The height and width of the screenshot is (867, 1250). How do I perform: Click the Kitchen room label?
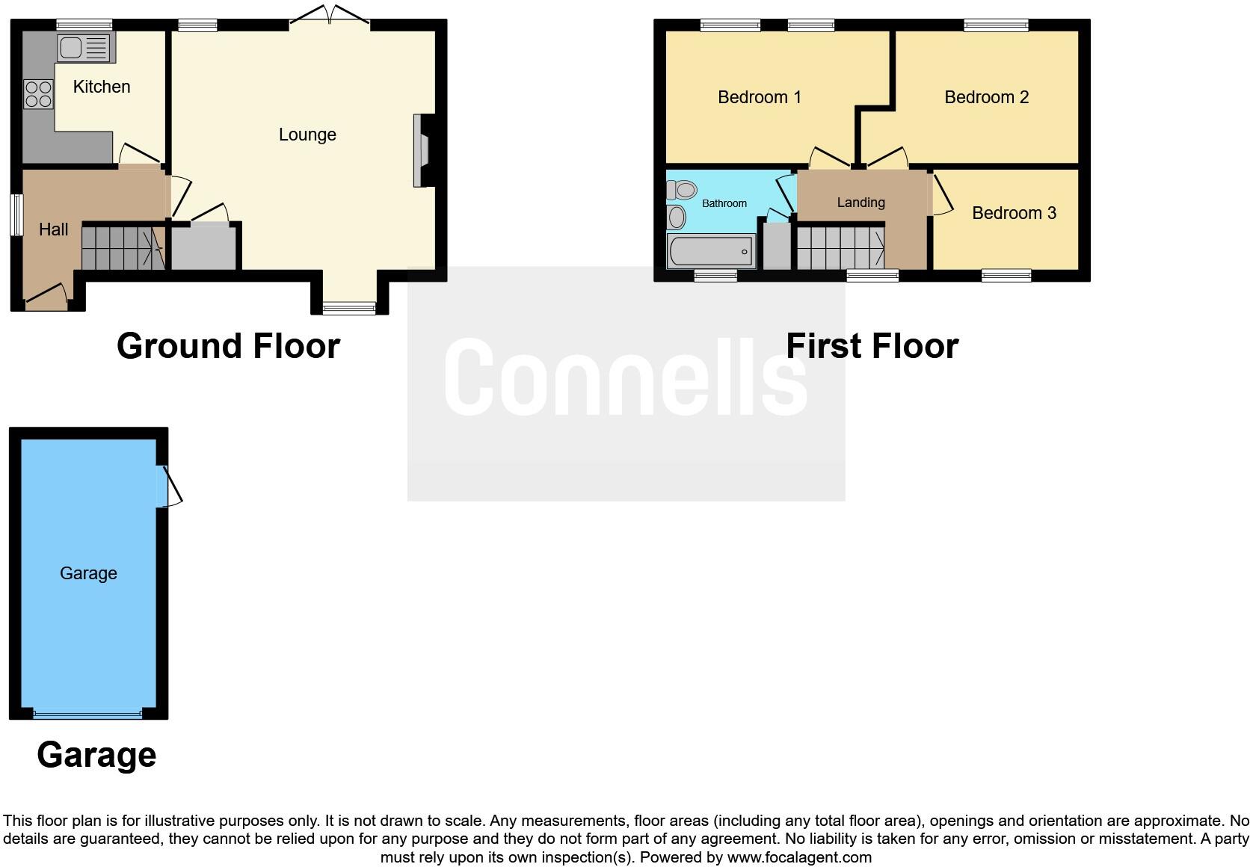(x=102, y=87)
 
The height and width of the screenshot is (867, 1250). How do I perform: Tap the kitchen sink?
(x=83, y=48)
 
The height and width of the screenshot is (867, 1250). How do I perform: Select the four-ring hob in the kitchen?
(x=38, y=95)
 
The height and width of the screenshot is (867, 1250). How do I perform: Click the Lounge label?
(x=307, y=135)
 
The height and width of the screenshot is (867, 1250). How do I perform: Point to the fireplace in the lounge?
(x=422, y=149)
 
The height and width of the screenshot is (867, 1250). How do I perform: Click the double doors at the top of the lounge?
(x=329, y=16)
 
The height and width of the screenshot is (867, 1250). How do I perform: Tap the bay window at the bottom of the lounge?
(x=349, y=306)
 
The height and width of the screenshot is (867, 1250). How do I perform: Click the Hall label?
(x=53, y=229)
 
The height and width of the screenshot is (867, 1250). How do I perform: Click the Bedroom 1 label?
(x=759, y=97)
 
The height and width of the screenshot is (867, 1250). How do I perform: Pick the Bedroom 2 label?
(x=986, y=97)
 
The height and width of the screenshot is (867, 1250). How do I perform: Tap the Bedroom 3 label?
(x=1014, y=213)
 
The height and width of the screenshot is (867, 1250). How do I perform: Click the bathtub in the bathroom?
(x=711, y=251)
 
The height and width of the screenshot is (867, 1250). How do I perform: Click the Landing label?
(x=860, y=203)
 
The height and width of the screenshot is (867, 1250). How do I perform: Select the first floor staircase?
(x=840, y=248)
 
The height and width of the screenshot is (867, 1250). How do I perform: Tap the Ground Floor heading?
(x=228, y=346)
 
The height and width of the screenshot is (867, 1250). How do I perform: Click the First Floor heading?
(x=872, y=346)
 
